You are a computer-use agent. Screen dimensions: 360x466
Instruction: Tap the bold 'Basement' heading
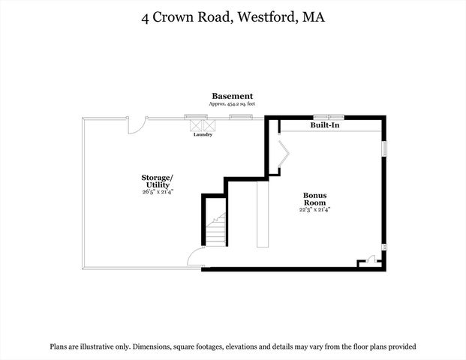pos(232,96)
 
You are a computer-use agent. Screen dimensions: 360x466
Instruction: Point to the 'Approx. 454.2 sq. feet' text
pos(232,104)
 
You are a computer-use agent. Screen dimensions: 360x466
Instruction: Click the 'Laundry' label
pos(203,134)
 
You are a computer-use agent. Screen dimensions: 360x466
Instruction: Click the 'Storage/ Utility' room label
pos(157,181)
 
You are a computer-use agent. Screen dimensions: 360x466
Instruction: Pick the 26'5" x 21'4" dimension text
pos(158,192)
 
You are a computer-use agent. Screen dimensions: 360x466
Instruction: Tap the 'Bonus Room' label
pos(314,199)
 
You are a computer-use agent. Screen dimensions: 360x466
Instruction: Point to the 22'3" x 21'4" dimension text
pos(314,209)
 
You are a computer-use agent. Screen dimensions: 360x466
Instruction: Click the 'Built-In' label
pos(325,125)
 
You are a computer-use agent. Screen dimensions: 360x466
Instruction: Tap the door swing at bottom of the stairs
pos(194,259)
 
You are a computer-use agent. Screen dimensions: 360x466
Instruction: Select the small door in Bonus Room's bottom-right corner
pos(368,262)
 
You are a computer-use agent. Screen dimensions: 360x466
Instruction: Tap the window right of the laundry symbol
pos(240,117)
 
